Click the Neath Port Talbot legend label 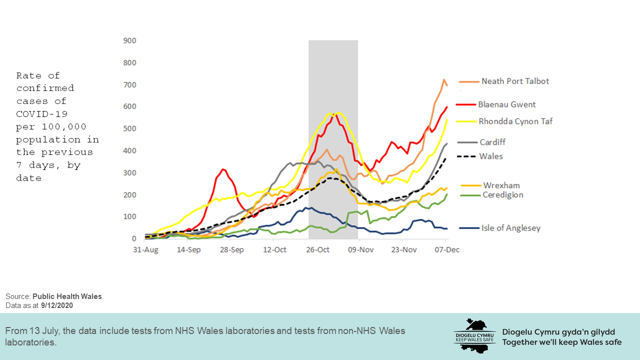click(x=515, y=81)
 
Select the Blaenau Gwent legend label click(x=506, y=104)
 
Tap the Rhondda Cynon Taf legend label click(x=515, y=121)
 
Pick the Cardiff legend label click(x=492, y=142)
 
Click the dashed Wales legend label click(x=491, y=156)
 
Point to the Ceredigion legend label click(x=502, y=194)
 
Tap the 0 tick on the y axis click(x=133, y=239)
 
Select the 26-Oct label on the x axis click(x=317, y=249)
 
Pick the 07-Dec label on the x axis click(x=447, y=249)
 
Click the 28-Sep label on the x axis click(x=232, y=249)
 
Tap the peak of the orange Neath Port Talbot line click(x=443, y=79)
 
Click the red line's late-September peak click(x=223, y=169)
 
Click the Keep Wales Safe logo click(x=474, y=335)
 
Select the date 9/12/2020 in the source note click(x=57, y=305)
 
